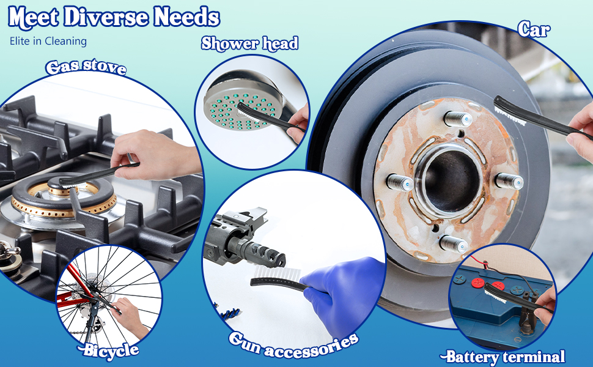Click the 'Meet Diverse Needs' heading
pos(114,17)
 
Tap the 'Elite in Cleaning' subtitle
pos(48,41)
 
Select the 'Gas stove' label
pos(86,67)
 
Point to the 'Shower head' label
pos(249,43)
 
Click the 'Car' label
pos(534,29)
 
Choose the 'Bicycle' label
pos(108,350)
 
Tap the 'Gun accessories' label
pos(293,345)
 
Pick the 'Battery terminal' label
pos(503,357)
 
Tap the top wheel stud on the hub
pos(458,119)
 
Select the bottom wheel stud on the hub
pos(454,244)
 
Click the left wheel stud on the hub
pos(400,182)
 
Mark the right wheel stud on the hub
pos(509,181)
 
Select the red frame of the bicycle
pos(76,289)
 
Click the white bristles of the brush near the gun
pos(277,273)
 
